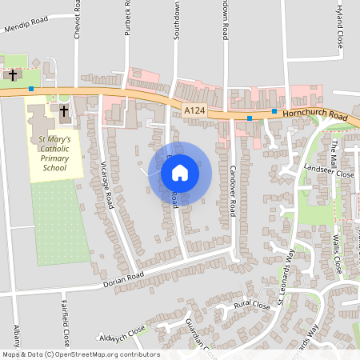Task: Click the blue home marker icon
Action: coord(180,172)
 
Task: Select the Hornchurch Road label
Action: coord(314,116)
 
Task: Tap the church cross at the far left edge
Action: coord(13,75)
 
